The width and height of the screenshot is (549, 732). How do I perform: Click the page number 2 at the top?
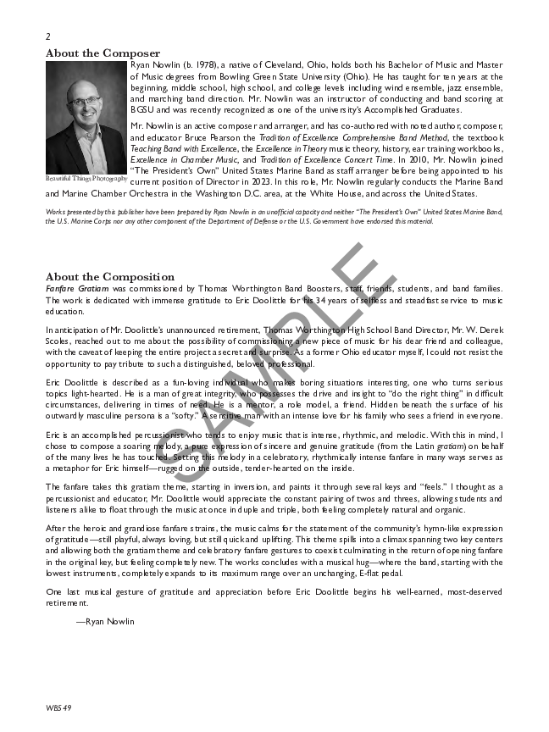pyautogui.click(x=48, y=36)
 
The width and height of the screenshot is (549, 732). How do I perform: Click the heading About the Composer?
pyautogui.click(x=103, y=53)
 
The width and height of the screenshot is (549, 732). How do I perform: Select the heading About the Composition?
pyautogui.click(x=110, y=277)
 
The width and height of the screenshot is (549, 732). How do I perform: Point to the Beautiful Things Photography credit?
pyautogui.click(x=86, y=179)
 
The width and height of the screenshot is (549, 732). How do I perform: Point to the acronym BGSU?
pyautogui.click(x=143, y=109)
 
